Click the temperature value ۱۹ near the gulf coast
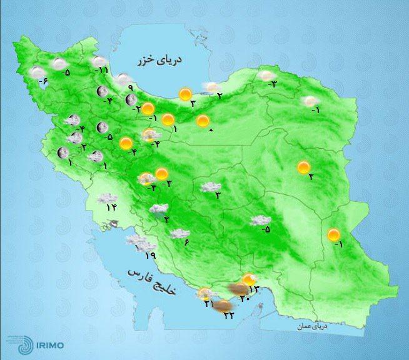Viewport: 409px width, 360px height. (150, 254)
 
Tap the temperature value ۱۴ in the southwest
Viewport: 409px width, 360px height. (111, 207)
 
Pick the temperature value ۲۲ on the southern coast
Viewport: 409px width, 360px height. (228, 314)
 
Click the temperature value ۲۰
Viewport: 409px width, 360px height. (245, 297)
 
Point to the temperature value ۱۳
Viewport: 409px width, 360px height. (253, 289)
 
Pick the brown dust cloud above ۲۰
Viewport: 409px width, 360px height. (236, 288)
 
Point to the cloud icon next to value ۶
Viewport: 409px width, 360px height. (179, 234)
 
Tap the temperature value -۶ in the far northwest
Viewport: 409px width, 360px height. (43, 82)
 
